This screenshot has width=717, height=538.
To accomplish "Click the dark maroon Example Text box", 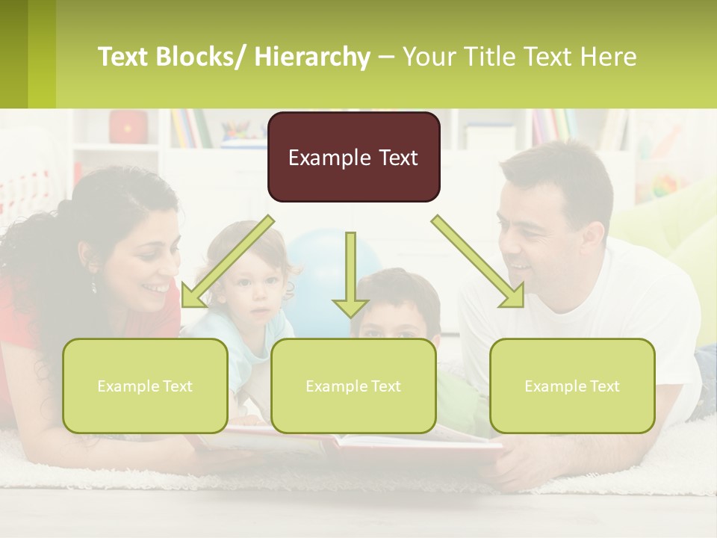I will point(353,157).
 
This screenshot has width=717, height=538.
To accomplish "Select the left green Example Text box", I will point(145,386).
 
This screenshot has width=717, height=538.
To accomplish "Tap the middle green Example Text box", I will point(353,386).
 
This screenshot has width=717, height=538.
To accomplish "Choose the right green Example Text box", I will point(572,386).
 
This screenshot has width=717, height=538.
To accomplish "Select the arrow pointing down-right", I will point(478,262).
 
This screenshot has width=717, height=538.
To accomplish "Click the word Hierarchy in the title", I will point(312,56).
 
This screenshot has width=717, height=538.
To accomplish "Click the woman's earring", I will point(94,285).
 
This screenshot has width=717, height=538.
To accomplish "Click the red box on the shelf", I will point(128,127).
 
